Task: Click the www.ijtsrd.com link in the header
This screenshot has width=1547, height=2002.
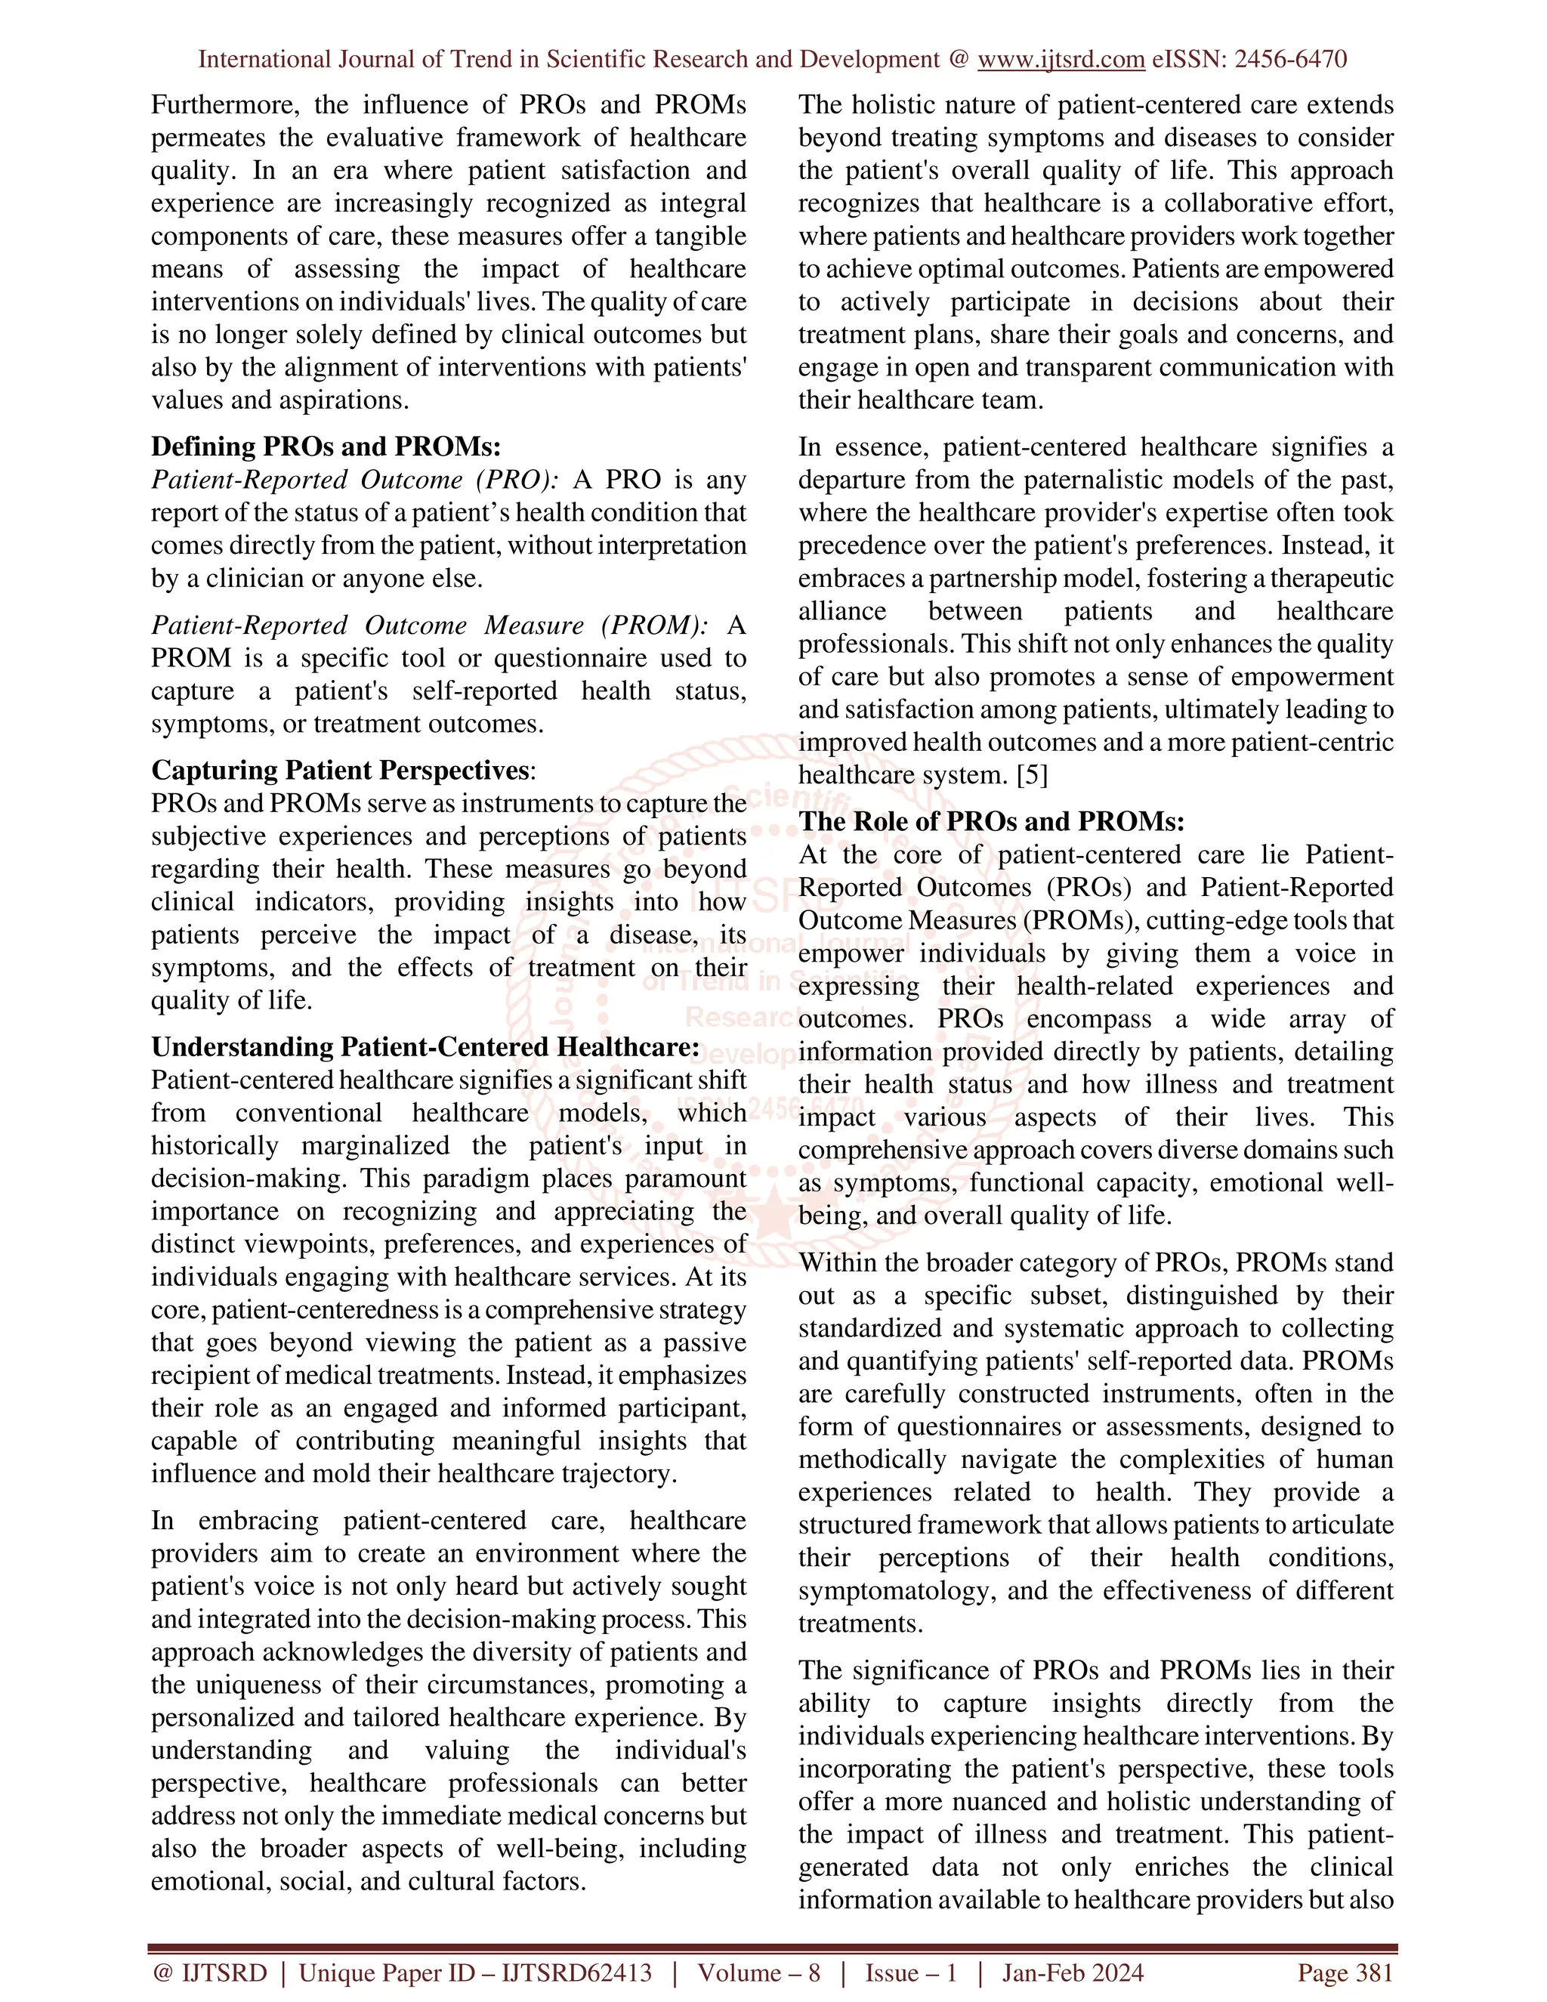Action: click(1061, 60)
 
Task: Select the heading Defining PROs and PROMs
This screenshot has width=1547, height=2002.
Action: click(326, 446)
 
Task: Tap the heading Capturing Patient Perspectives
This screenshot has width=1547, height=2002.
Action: click(340, 770)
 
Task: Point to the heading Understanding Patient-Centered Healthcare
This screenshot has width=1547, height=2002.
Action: click(425, 1047)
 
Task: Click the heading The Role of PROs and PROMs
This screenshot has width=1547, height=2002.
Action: click(991, 821)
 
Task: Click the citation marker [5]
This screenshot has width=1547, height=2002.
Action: click(1032, 776)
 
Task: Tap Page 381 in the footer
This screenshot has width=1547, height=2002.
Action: click(1345, 1973)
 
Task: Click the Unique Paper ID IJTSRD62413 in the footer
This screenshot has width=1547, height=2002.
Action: click(476, 1973)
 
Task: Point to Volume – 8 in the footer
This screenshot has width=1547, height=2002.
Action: click(759, 1973)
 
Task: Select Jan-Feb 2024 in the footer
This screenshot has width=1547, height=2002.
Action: click(1073, 1973)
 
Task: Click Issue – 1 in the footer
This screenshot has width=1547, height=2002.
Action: click(911, 1973)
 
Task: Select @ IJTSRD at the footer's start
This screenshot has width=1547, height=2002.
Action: click(210, 1973)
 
